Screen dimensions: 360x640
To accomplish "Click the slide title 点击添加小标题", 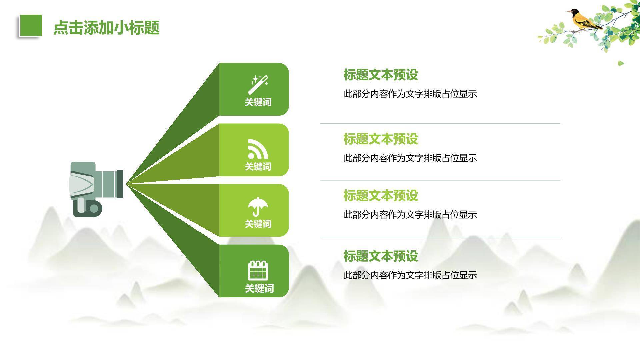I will point(106,28).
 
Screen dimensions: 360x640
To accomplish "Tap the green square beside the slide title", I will point(31,25).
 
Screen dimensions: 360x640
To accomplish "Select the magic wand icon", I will point(258,84).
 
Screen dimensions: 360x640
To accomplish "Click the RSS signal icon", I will point(258,149).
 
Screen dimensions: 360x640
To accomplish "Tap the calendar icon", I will point(258,270).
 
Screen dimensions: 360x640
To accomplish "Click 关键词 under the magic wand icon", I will point(258,102).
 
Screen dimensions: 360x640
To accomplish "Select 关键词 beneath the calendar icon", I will point(259,288).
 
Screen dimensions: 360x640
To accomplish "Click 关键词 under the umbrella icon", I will point(258,224).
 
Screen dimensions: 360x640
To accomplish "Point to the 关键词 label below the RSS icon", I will point(258,166).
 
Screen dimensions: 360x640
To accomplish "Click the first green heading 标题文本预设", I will point(380,75).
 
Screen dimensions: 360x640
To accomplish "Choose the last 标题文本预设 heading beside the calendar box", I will point(380,256).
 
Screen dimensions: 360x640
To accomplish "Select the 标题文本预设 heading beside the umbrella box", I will point(380,195).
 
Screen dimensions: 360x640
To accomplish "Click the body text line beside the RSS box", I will point(410,158).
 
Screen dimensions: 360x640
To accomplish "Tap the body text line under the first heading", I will point(410,94).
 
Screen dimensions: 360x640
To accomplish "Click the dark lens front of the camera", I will point(120,184).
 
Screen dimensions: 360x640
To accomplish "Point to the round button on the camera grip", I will point(94,208).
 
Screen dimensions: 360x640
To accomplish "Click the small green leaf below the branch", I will point(620,63).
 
